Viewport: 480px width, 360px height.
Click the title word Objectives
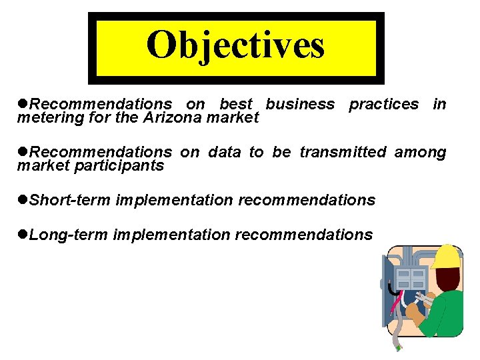[235, 46]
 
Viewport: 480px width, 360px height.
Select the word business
[300, 104]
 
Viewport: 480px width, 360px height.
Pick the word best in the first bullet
[236, 104]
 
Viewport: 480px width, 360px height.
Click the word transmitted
[342, 152]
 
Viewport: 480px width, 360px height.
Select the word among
[420, 152]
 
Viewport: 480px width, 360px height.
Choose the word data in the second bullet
[224, 152]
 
